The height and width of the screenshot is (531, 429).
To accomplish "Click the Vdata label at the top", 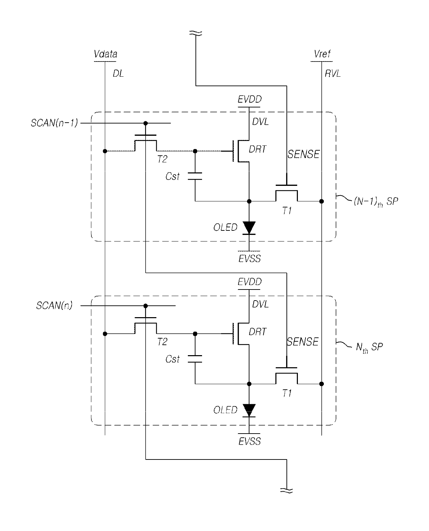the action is [x=106, y=54].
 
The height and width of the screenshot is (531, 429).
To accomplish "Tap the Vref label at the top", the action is [x=322, y=54].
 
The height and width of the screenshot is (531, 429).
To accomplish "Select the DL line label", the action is [x=118, y=74].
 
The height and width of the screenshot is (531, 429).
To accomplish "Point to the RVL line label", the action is [x=332, y=74].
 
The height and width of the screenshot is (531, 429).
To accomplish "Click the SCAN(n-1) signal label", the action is [x=54, y=123].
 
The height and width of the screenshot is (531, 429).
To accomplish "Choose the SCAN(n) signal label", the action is [x=54, y=305].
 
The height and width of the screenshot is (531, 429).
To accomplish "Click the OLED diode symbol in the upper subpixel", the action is [x=249, y=228].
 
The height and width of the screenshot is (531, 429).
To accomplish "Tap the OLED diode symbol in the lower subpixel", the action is [x=249, y=410].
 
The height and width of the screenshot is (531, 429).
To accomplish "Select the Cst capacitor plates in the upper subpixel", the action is [x=195, y=176].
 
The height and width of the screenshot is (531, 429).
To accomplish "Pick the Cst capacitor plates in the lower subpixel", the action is [x=195, y=359].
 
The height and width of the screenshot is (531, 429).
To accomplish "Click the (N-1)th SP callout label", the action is [x=376, y=202].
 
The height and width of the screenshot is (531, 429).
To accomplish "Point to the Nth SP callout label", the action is [x=369, y=348].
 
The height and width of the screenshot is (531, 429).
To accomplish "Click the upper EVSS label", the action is [x=249, y=259].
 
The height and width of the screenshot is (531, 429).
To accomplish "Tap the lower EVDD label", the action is [x=249, y=282].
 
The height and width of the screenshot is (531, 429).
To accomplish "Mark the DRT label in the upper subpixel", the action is [x=257, y=149].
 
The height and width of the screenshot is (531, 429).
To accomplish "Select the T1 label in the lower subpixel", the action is [x=287, y=393].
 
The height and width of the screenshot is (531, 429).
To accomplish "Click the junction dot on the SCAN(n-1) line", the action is [x=146, y=123].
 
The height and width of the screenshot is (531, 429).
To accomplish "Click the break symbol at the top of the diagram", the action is [x=196, y=33].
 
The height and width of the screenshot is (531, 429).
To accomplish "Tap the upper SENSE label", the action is [x=303, y=154].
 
